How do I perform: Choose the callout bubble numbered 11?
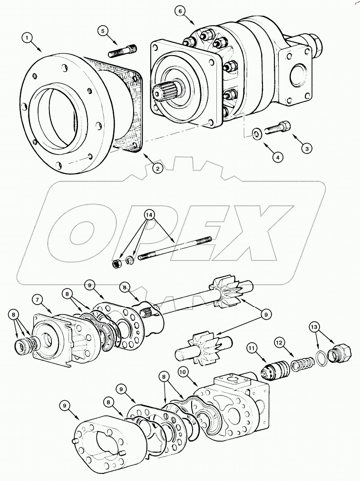pyautogui.click(x=251, y=349)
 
